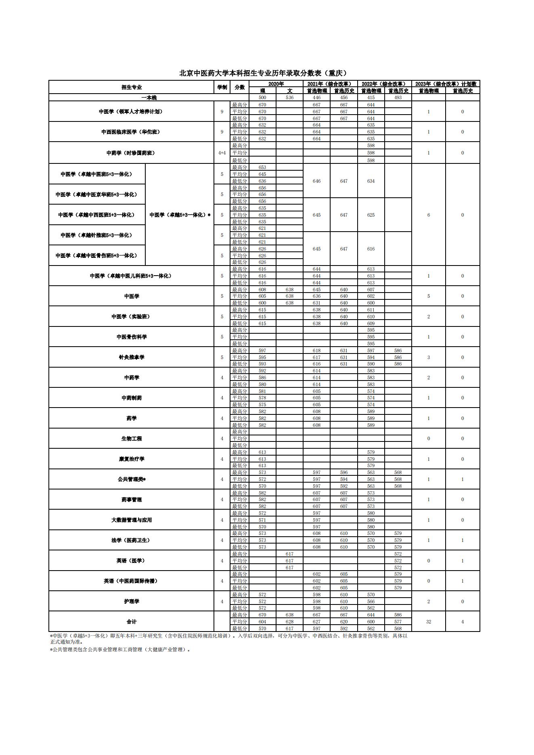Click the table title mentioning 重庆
pyautogui.click(x=263, y=73)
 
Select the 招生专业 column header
pyautogui.click(x=132, y=87)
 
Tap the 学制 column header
pyautogui.click(x=222, y=87)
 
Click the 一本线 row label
pyautogui.click(x=149, y=98)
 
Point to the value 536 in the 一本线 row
pyautogui.click(x=289, y=98)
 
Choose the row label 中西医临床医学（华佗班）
pyautogui.click(x=131, y=132)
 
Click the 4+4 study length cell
pyautogui.click(x=222, y=153)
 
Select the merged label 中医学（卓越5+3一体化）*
pyautogui.click(x=180, y=215)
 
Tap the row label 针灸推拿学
pyautogui.click(x=132, y=357)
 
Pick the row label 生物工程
pyautogui.click(x=132, y=439)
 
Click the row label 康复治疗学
pyautogui.click(x=132, y=459)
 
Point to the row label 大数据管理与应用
pyautogui.click(x=132, y=520)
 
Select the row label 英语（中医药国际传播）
pyautogui.click(x=132, y=581)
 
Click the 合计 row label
pyautogui.click(x=132, y=622)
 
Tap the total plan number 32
pyautogui.click(x=429, y=622)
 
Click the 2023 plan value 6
pyautogui.click(x=429, y=215)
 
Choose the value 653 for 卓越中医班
pyautogui.click(x=262, y=167)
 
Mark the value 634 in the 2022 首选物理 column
pyautogui.click(x=371, y=181)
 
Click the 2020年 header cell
pyautogui.click(x=276, y=84)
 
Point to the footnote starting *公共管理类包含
pyautogui.click(x=120, y=650)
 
